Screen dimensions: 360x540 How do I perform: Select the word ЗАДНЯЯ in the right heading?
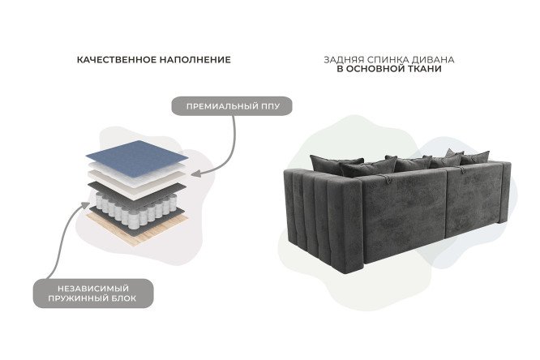click(x=343, y=60)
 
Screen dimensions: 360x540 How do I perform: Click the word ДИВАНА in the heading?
click(x=436, y=60)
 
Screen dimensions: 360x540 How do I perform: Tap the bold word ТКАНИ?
click(x=426, y=71)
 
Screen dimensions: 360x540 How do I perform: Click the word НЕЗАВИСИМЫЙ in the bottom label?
click(x=92, y=289)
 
